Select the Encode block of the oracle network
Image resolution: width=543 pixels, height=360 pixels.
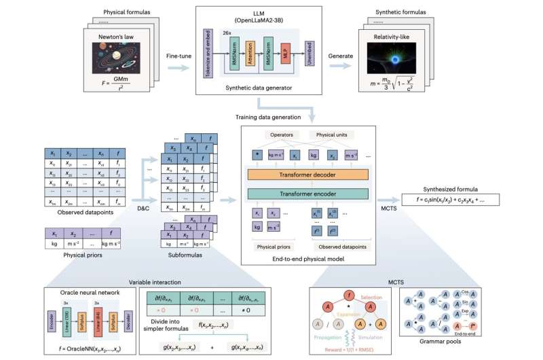[x=52, y=324]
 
